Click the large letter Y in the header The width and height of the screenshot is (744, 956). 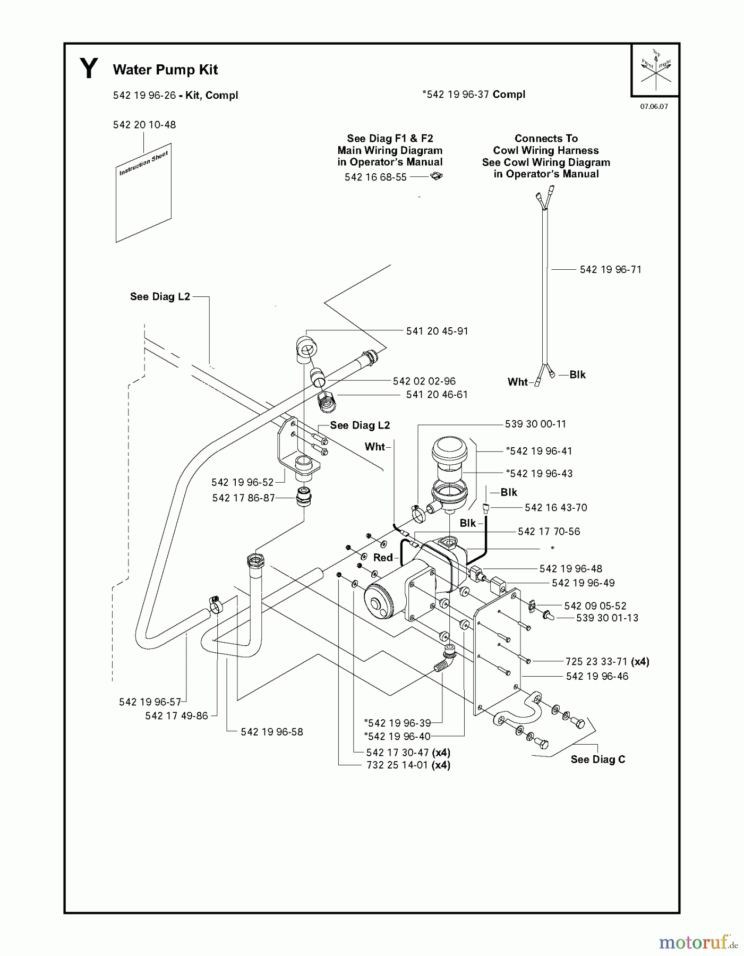point(89,69)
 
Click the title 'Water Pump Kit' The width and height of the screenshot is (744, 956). point(165,70)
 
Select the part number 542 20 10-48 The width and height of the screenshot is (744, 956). point(144,125)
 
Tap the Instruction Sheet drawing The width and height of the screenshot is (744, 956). point(144,194)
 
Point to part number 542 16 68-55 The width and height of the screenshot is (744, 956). point(375,177)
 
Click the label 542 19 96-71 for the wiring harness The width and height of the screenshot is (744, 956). point(610,270)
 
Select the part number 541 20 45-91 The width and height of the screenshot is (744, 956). point(437,331)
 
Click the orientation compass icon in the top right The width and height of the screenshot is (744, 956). point(655,70)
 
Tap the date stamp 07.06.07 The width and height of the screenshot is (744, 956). point(654,106)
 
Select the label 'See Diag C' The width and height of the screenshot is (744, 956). point(597,759)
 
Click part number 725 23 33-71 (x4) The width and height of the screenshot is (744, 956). point(606,662)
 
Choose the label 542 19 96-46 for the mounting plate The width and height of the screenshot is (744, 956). point(597,677)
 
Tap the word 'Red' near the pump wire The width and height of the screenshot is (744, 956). point(383,558)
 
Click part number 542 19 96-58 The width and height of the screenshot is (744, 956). point(271,732)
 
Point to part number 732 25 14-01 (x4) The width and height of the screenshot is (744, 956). point(408,765)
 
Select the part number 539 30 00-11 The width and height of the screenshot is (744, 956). point(535,424)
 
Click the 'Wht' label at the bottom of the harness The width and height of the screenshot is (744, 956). point(518,382)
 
